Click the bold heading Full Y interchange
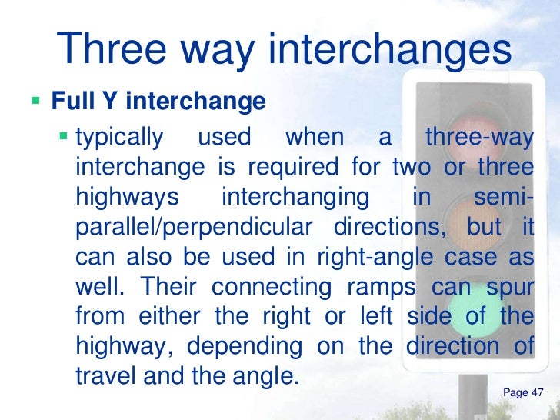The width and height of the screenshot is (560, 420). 158,102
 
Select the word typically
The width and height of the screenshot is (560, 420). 120,138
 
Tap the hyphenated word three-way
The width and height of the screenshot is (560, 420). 478,138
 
